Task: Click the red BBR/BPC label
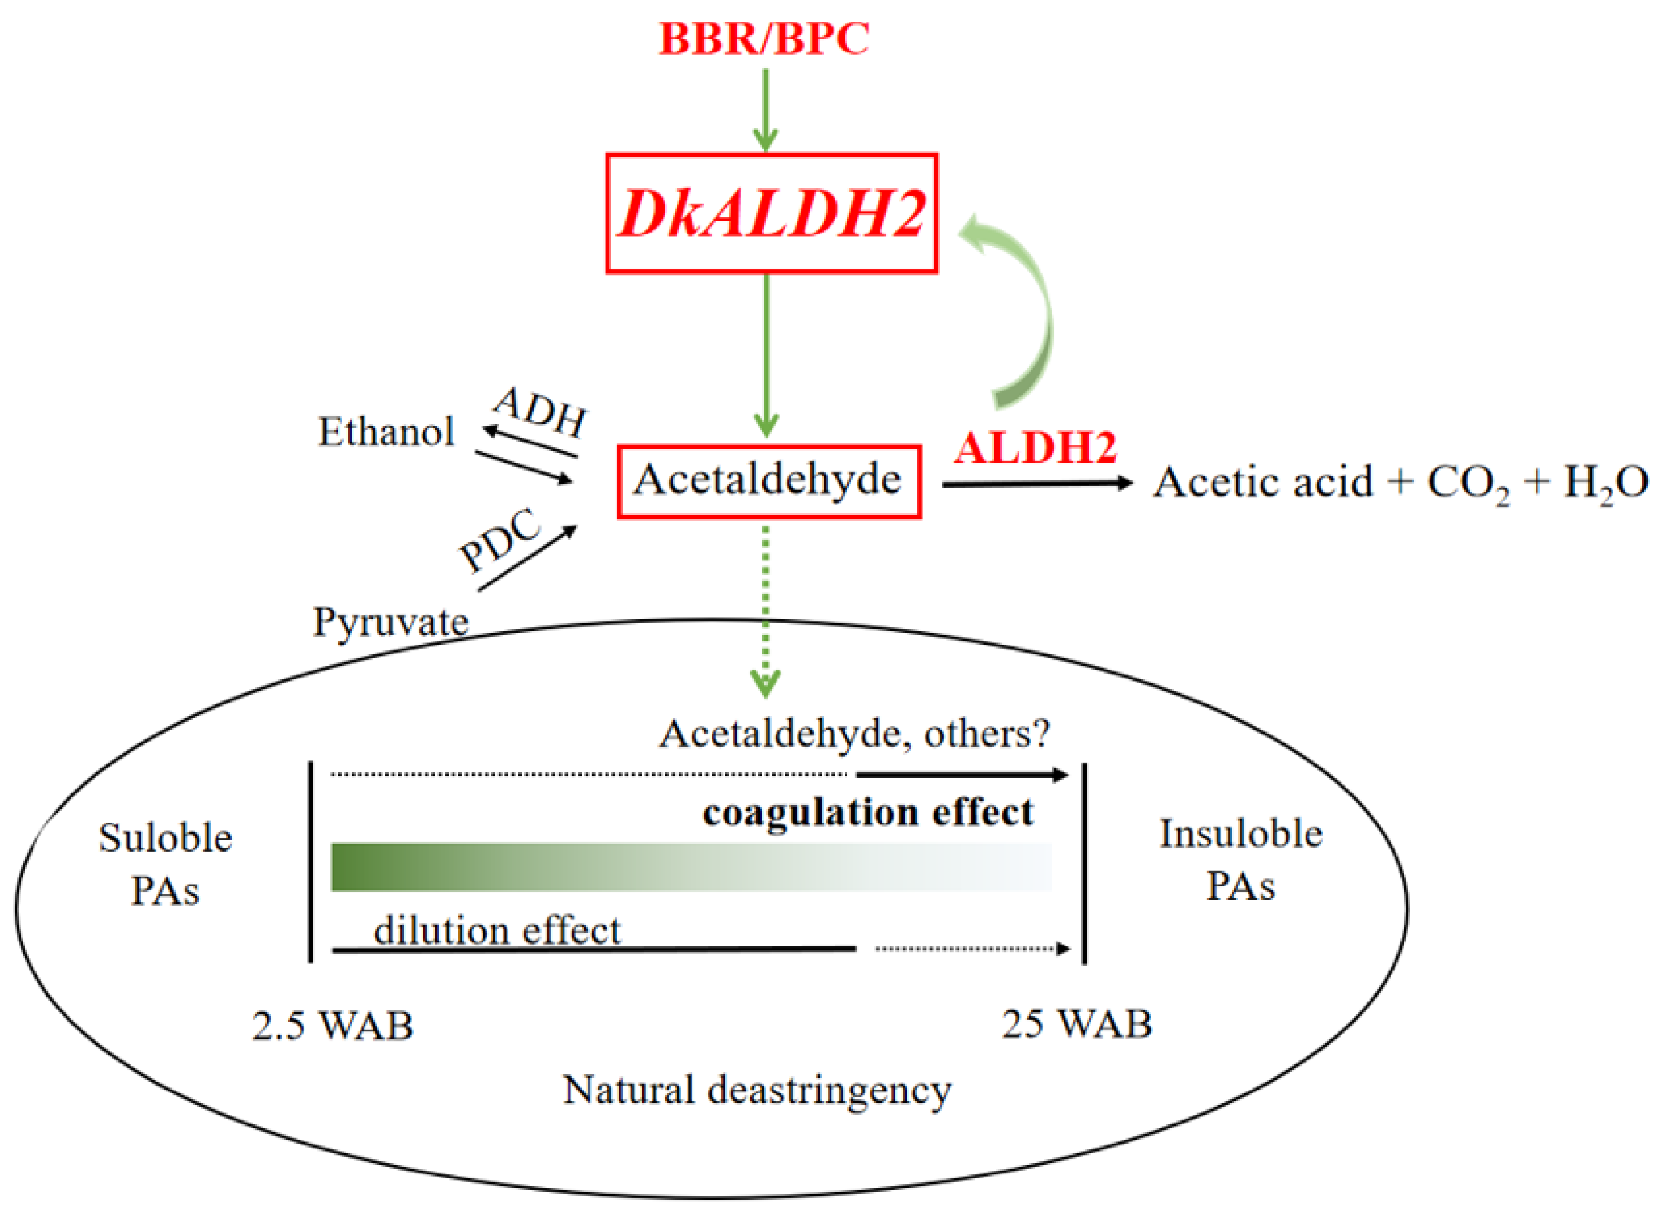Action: [763, 39]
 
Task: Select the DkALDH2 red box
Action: [770, 214]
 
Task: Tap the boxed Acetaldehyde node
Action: [768, 481]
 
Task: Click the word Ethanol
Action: [386, 432]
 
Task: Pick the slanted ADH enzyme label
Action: [542, 412]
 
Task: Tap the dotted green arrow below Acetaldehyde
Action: [766, 610]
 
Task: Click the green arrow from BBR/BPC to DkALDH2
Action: [765, 110]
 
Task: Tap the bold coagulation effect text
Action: [867, 813]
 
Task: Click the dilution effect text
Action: [497, 930]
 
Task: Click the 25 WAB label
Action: [1076, 1024]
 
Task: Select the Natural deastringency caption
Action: [756, 1090]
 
